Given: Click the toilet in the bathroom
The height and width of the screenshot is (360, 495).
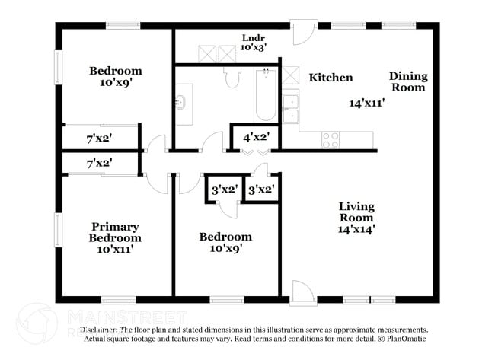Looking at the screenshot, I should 233,78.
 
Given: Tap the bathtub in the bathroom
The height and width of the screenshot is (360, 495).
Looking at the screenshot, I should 265,94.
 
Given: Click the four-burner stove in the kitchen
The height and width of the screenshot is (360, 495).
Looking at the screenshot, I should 331,140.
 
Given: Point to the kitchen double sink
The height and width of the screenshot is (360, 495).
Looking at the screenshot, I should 290,109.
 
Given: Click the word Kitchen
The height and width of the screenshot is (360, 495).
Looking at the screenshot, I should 331,78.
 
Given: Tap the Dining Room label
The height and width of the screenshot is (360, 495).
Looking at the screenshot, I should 408,81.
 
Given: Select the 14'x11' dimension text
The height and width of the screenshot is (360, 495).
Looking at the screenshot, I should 367,103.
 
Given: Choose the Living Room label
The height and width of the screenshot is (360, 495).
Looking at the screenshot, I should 357,212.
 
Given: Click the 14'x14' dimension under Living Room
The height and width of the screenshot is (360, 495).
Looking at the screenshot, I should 357,228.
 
